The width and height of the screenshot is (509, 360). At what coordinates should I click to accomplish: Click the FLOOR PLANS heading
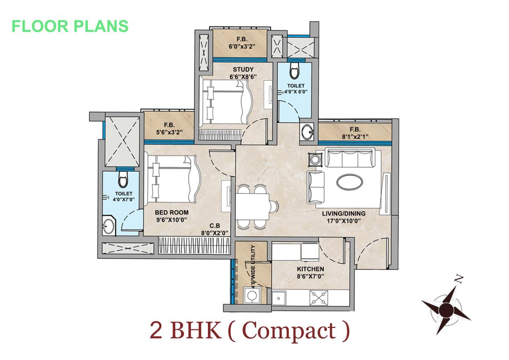(x=70, y=26)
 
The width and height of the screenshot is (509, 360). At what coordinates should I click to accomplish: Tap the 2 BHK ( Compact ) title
(x=250, y=331)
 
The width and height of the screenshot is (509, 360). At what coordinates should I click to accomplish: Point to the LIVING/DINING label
(x=344, y=214)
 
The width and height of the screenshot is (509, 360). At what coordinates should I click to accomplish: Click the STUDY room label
(x=243, y=69)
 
